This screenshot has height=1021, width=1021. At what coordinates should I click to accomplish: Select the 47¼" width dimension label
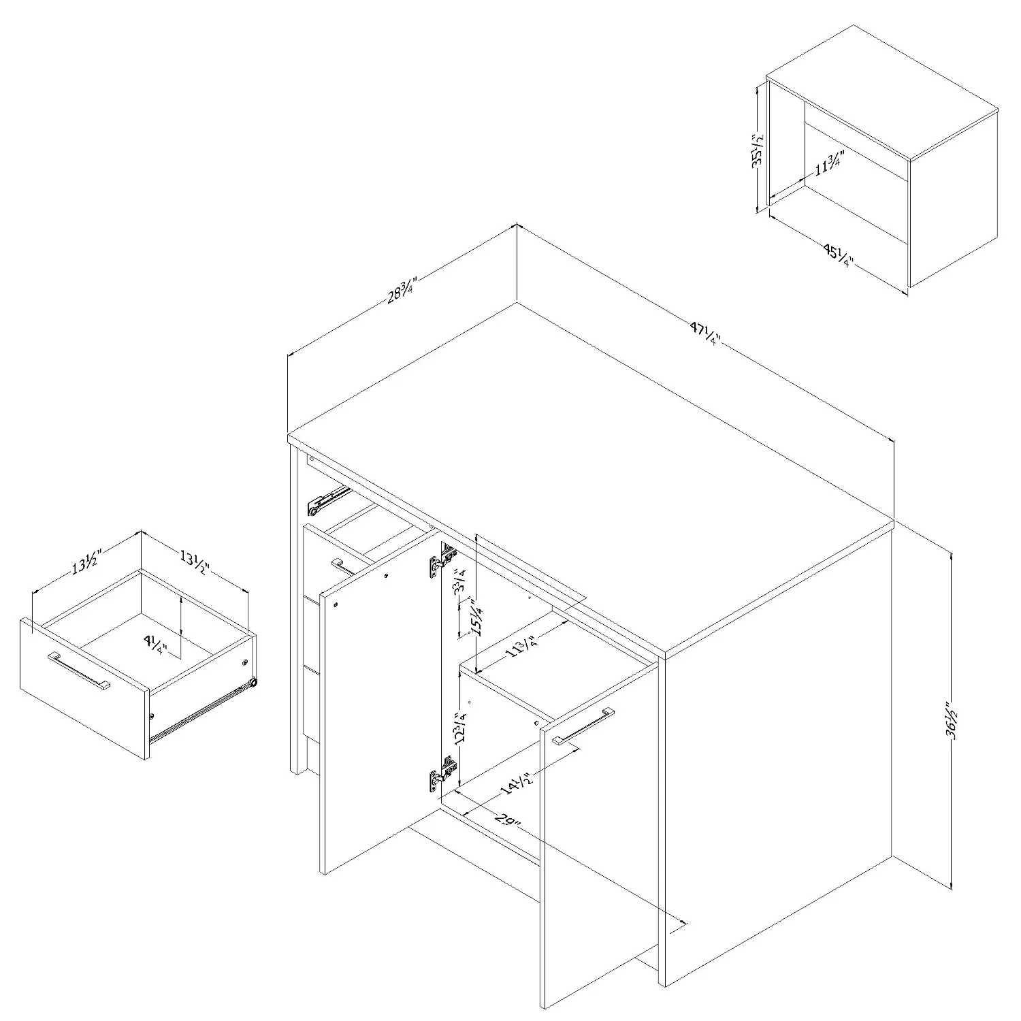pos(704,335)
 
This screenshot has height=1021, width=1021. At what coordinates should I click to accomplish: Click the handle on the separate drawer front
pos(78,672)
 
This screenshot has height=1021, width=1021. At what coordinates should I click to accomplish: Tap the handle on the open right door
pos(583,727)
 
